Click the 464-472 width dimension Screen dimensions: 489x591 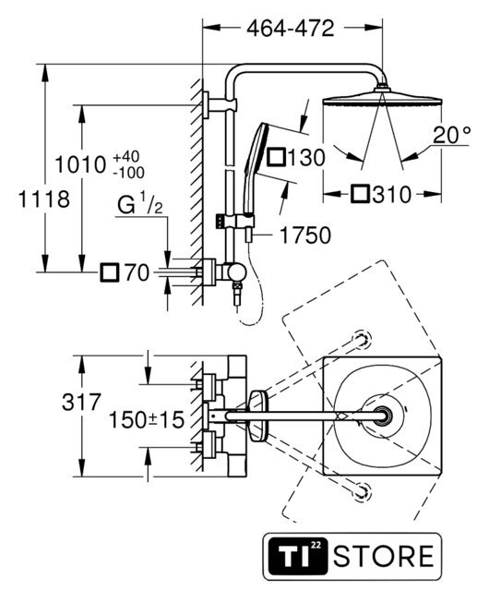(290, 29)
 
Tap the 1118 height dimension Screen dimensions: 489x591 (43, 199)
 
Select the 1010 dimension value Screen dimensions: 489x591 (80, 164)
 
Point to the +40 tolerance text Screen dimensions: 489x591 (126, 156)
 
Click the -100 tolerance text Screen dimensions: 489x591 (129, 173)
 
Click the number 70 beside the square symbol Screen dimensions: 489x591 (137, 272)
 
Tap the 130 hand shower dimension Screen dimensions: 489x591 (306, 158)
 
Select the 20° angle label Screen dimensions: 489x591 (452, 135)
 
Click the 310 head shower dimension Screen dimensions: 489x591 (392, 195)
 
